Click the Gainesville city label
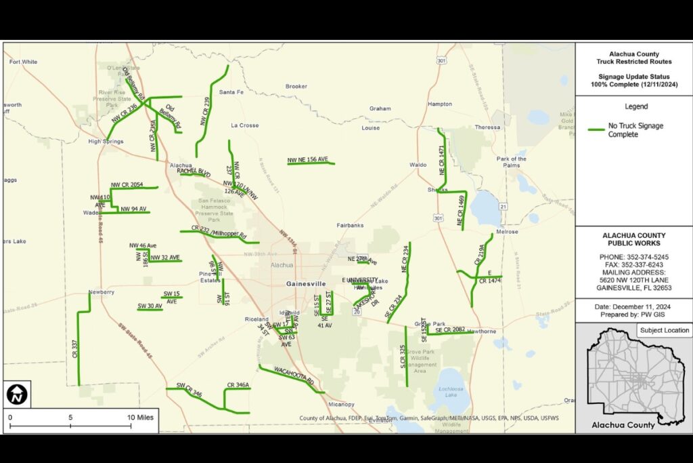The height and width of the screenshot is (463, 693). click(x=306, y=283)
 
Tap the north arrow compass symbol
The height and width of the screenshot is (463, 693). click(x=16, y=394)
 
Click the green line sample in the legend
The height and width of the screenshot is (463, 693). click(x=596, y=129)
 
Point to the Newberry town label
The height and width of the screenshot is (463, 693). click(x=100, y=292)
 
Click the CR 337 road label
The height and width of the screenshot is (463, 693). click(x=74, y=348)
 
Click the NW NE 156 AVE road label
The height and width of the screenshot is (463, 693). click(x=307, y=160)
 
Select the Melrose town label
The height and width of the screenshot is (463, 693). click(x=507, y=232)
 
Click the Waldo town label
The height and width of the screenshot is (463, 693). click(x=418, y=165)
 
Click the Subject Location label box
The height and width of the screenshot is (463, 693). click(x=664, y=330)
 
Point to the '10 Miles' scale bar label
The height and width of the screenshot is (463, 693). click(x=140, y=418)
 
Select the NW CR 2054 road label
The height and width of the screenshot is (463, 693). click(x=127, y=184)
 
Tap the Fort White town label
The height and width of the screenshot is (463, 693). click(x=24, y=62)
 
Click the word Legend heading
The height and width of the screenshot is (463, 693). click(x=635, y=106)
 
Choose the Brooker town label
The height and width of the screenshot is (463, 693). click(x=296, y=86)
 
